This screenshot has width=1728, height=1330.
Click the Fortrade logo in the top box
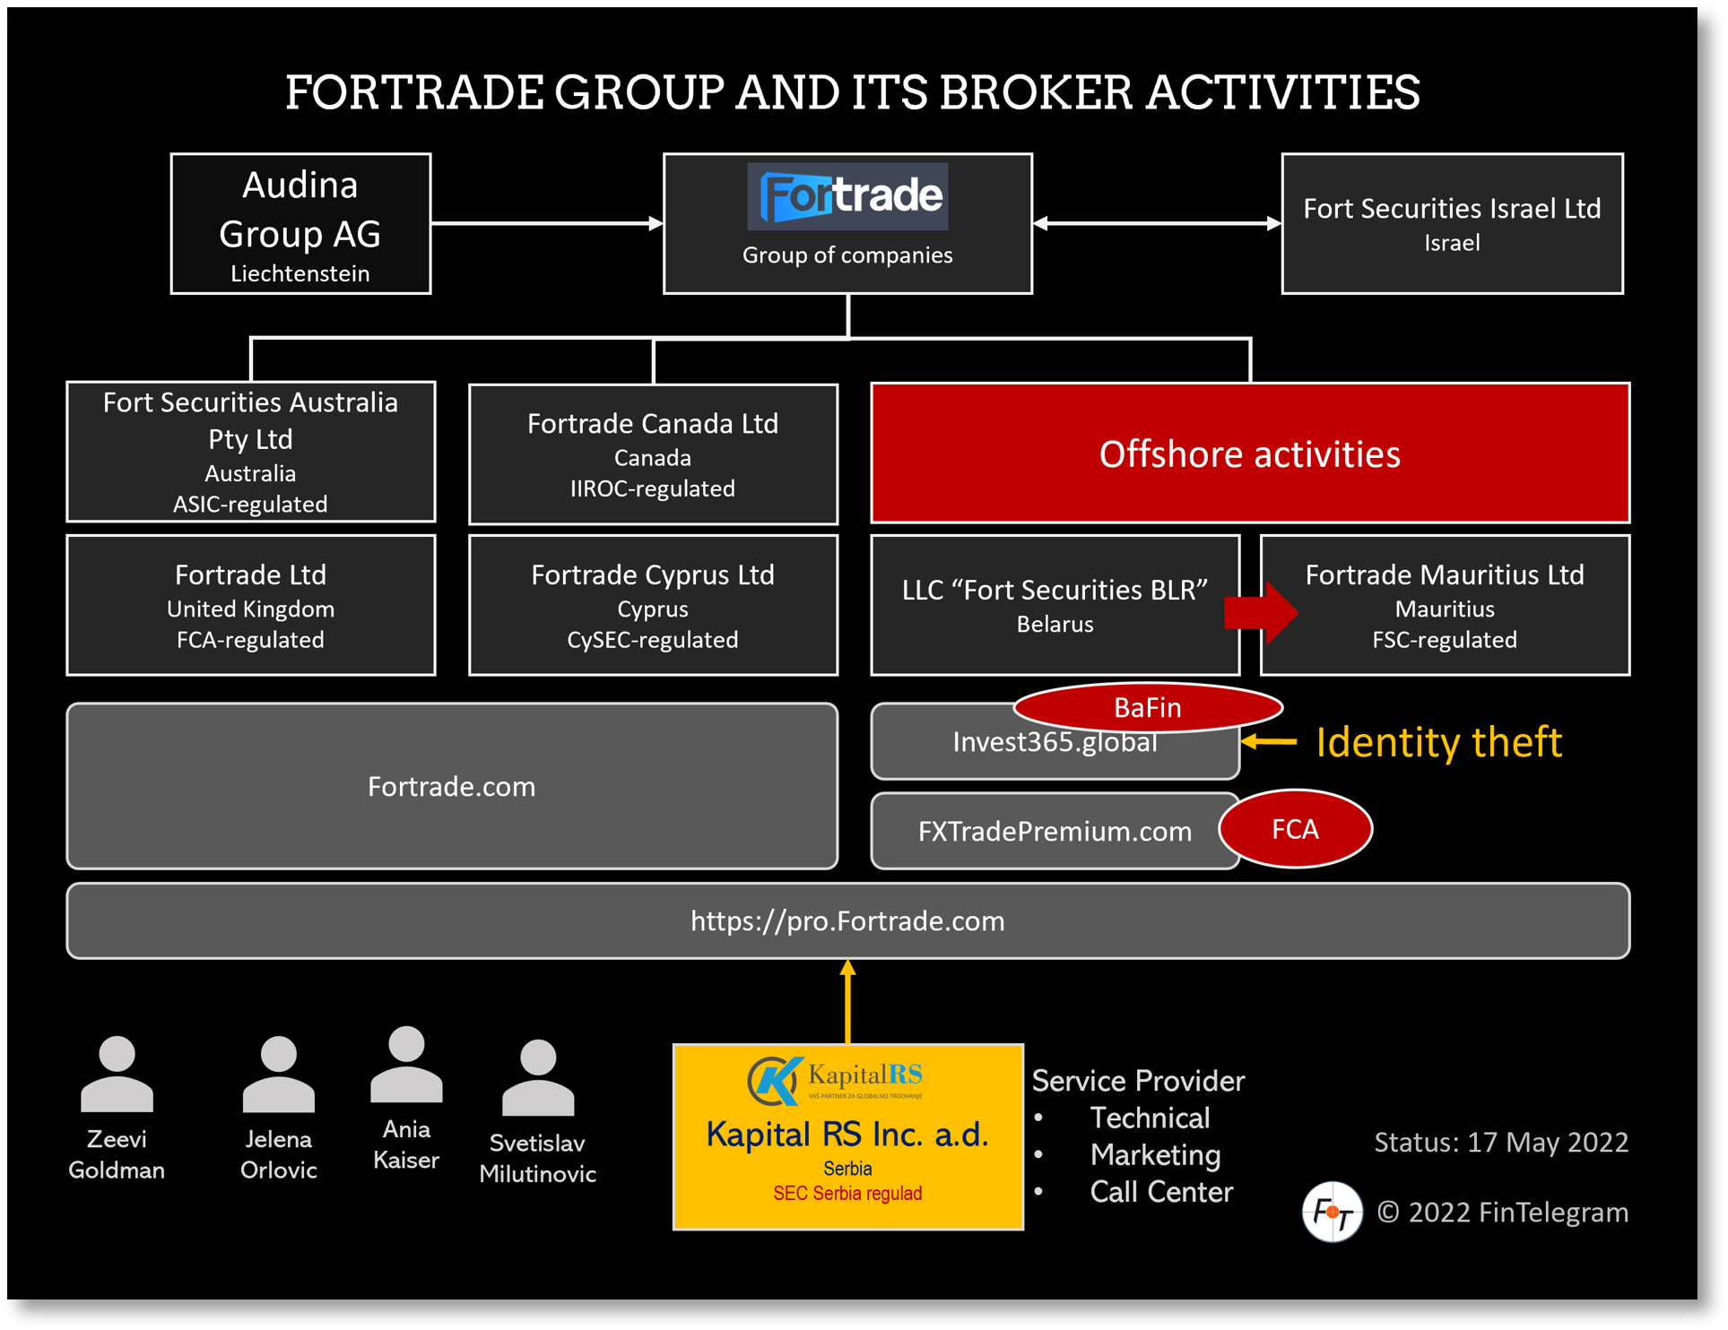click(847, 196)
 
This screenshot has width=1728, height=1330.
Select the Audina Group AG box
click(300, 224)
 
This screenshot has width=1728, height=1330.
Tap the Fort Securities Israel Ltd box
click(1451, 224)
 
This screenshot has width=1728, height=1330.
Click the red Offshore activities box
click(1249, 453)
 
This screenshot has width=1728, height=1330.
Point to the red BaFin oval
click(1147, 707)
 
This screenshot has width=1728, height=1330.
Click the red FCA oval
click(1294, 829)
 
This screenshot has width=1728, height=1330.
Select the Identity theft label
click(1438, 742)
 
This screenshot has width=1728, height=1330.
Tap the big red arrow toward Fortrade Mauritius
click(1263, 613)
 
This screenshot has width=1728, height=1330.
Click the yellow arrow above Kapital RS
click(847, 1000)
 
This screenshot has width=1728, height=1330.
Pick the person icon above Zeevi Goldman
click(117, 1075)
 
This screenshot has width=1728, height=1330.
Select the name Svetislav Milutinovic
click(537, 1158)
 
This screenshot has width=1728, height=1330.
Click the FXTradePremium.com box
click(1054, 832)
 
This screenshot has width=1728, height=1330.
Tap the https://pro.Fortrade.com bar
click(847, 921)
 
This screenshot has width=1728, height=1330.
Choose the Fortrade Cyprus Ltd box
click(653, 606)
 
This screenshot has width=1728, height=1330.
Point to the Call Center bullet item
click(1160, 1192)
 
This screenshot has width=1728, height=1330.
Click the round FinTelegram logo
click(1332, 1212)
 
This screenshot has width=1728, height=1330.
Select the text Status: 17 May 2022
click(1500, 1142)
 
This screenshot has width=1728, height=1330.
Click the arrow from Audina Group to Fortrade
click(546, 223)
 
